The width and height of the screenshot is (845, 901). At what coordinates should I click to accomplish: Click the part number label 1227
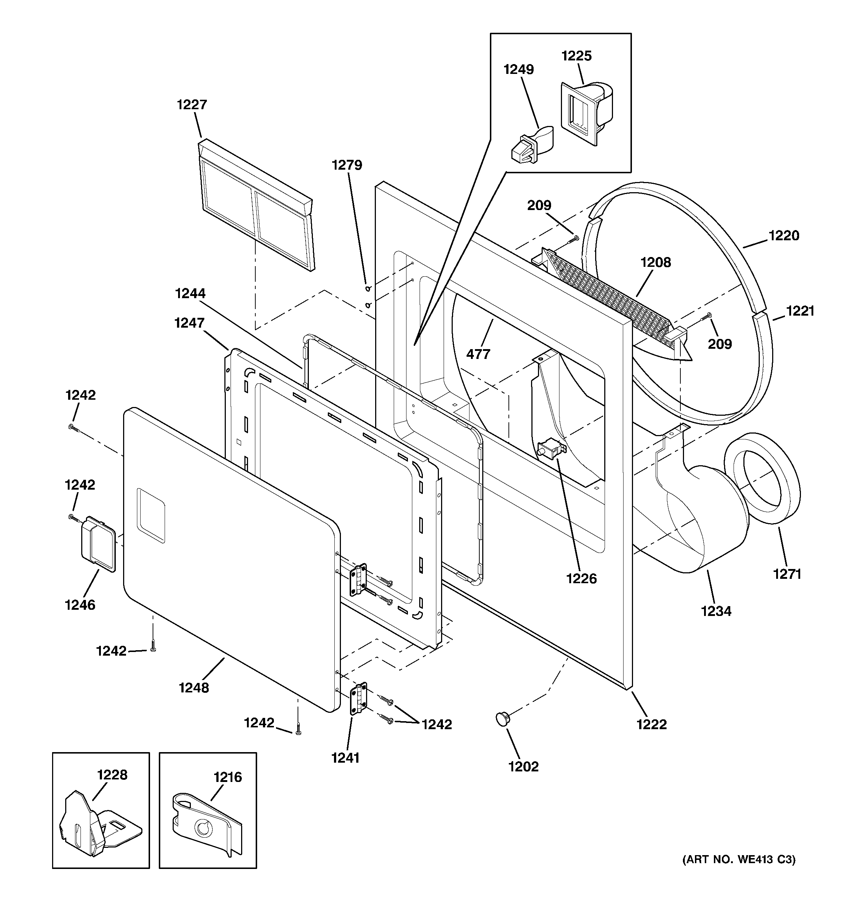[x=192, y=105]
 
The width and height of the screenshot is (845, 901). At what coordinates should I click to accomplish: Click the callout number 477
[x=478, y=353]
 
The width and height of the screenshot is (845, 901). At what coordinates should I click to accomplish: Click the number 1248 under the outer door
[x=194, y=688]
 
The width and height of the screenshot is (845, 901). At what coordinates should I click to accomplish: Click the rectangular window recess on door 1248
[x=151, y=515]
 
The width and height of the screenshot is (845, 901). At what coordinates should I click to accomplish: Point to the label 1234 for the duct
[x=716, y=611]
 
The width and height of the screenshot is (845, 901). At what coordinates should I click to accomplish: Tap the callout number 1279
[x=347, y=165]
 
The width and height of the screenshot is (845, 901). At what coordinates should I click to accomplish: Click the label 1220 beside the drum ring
[x=784, y=235]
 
